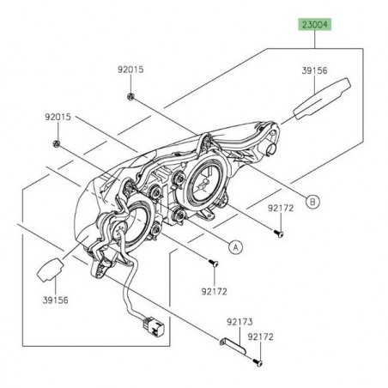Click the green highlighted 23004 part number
pos(314,26)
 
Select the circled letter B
pos(288,202)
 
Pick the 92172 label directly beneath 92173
pos(261,338)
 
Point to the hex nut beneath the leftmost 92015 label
pos(56,140)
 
